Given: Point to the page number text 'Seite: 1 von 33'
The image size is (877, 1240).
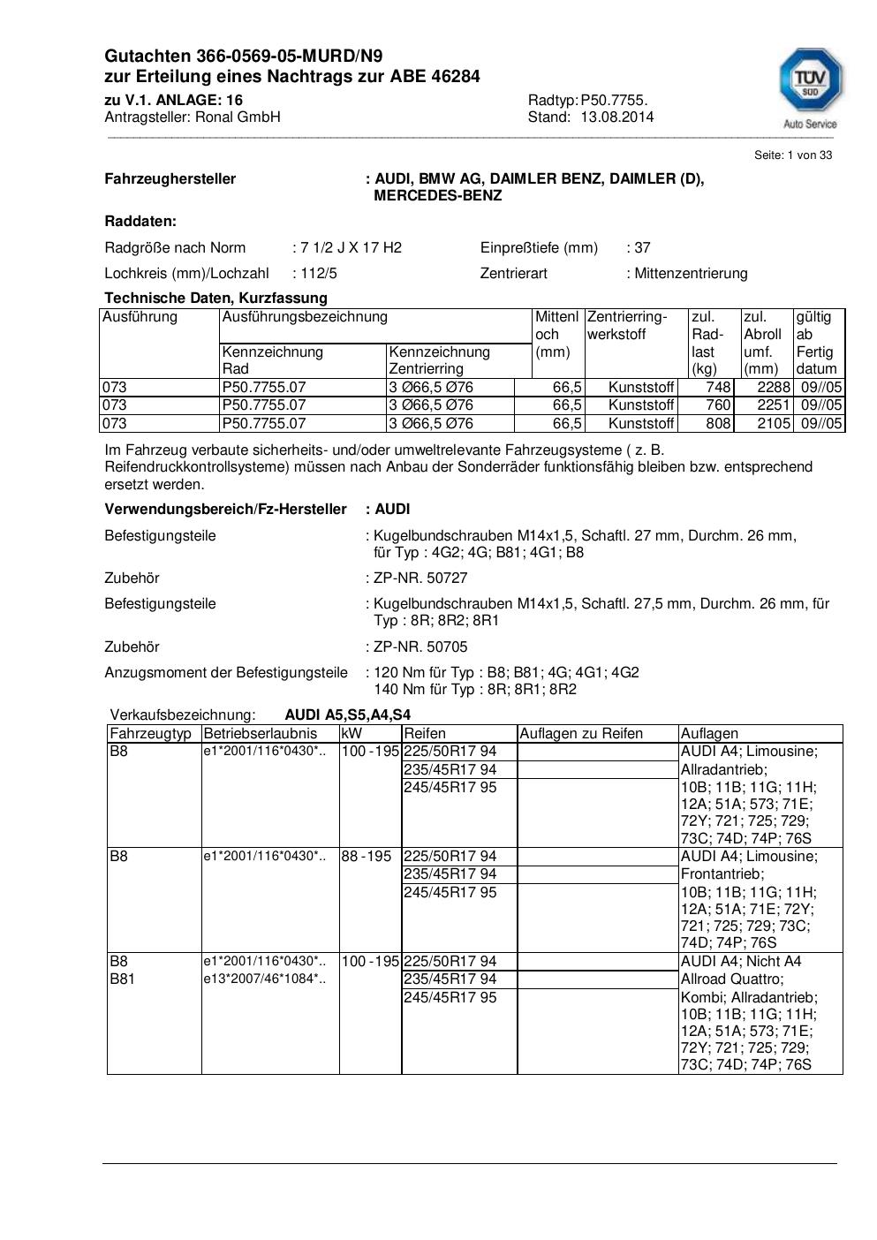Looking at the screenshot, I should pos(792,155).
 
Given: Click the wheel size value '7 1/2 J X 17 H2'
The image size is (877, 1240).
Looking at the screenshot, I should pos(351,248).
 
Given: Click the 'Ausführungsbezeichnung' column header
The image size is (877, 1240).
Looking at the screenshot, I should pos(305,317).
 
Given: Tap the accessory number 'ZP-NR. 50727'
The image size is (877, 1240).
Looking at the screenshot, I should pos(420,578).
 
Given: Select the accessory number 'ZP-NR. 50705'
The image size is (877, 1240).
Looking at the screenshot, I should pos(420,647).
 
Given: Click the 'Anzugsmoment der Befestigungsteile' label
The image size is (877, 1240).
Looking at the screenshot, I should pos(226,673).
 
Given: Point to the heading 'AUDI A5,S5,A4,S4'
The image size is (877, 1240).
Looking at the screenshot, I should pos(347,715).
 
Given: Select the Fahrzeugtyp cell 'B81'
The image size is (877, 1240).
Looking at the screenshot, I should pos(122,979).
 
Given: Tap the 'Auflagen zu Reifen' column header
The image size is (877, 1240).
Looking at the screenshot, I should pos(581,734).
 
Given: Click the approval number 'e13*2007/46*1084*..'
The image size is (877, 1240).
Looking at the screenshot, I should pos(264,979).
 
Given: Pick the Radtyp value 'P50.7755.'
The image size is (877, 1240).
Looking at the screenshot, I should pos(614,101).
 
